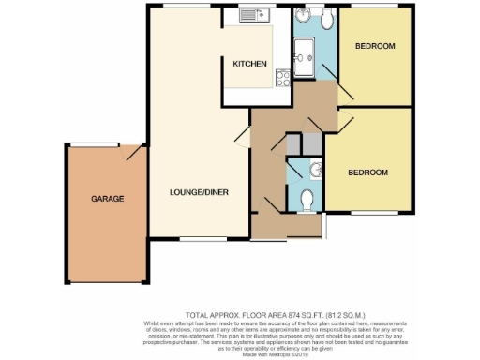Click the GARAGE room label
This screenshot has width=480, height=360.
coord(107,199)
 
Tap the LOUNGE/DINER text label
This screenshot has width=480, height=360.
coord(200,193)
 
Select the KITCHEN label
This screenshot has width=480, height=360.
coord(250,64)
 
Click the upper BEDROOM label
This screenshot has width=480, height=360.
coord(376,46)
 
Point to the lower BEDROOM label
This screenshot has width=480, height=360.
coord(368,172)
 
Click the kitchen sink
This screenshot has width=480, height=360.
coord(253,16)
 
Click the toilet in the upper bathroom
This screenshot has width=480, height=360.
coord(325,18)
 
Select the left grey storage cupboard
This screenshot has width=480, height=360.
coord(293,144)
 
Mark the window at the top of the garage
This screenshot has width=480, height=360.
coord(97,144)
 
